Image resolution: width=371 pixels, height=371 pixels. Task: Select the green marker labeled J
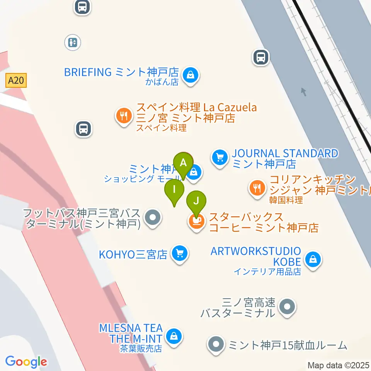pos(197,201)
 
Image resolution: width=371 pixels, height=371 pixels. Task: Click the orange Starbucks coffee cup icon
pos(197,221)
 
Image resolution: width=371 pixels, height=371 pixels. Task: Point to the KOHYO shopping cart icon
pos(180,254)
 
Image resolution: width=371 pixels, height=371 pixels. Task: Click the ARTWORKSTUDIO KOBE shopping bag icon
pos(312,259)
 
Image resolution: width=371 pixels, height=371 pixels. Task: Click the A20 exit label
pos(16,80)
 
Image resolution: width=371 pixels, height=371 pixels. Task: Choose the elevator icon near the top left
pos(73,42)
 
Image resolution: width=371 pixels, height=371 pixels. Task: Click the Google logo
pos(26,362)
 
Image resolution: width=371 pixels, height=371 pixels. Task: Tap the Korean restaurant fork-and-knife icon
pos(257,188)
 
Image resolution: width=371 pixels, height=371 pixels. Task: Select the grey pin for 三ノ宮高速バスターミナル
pos(288,308)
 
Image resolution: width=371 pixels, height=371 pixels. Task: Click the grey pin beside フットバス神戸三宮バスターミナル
pos(153,217)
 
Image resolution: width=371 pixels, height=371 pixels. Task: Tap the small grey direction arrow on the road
pos(304,92)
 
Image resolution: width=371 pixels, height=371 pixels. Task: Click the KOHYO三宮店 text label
pos(133,255)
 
